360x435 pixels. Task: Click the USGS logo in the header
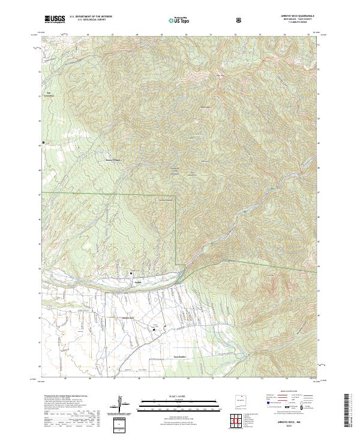[x=55, y=19]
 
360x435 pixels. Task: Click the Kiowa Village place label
[x=113, y=160]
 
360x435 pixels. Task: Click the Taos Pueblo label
[x=180, y=356]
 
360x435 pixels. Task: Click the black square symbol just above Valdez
[x=131, y=274]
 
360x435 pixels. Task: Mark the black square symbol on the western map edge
[x=43, y=142]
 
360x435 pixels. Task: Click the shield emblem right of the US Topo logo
[x=240, y=20]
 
